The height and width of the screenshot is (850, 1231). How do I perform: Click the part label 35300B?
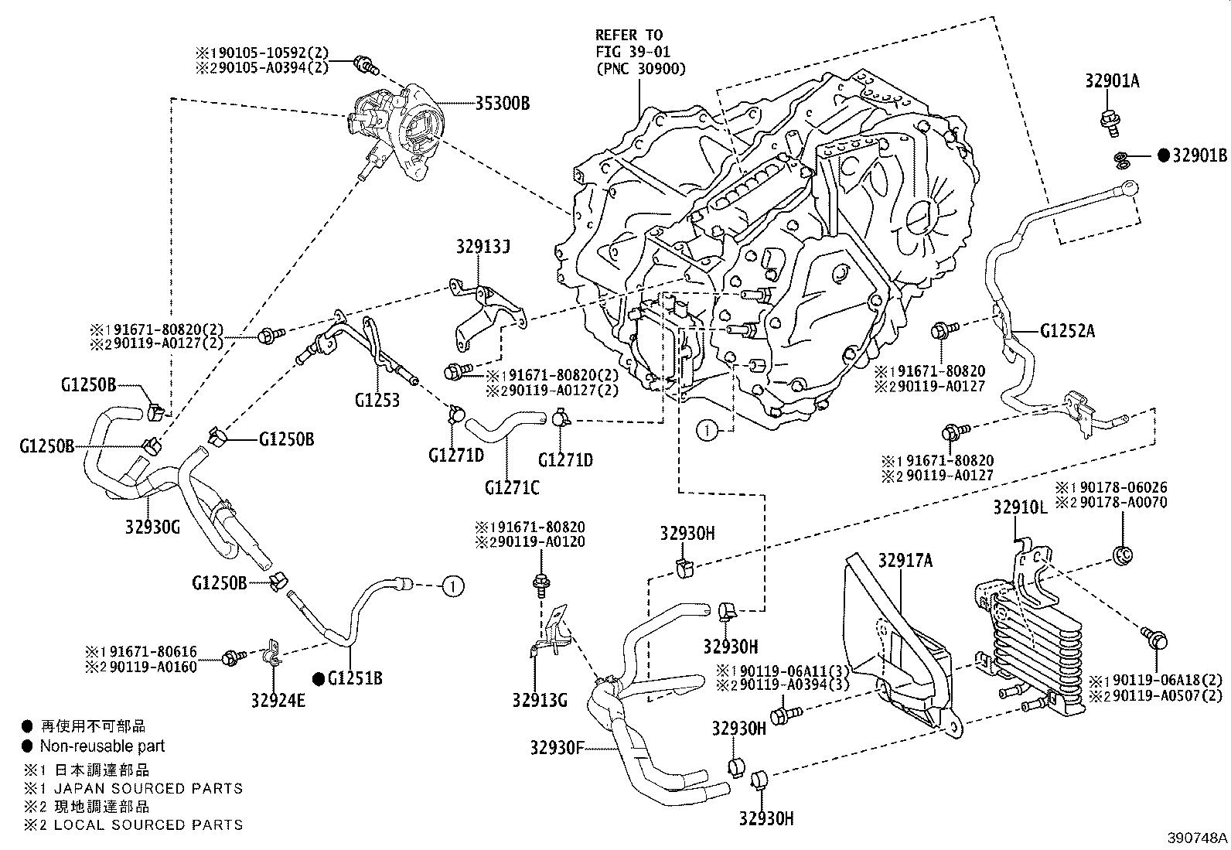point(503,103)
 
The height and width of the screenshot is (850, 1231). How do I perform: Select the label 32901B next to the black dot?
point(1199,155)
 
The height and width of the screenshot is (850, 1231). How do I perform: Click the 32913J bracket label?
point(483,247)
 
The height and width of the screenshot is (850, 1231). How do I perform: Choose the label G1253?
point(377,400)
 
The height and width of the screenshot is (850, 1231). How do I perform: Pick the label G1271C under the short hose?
point(512,487)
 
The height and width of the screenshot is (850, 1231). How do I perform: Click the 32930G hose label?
point(152,527)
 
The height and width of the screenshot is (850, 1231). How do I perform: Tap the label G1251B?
point(355,679)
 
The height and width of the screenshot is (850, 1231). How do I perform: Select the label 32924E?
point(278,701)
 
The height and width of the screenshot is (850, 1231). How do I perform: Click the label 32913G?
point(540,701)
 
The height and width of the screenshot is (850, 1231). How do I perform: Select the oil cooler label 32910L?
point(1021,508)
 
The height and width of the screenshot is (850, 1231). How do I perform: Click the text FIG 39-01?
point(633,52)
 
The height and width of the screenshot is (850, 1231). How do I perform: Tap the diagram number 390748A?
point(1198,838)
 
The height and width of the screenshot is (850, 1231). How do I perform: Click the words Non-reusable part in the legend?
point(102,746)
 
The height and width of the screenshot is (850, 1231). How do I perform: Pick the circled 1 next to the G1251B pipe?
point(453,587)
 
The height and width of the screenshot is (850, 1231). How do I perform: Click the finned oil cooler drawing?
point(1036,650)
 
